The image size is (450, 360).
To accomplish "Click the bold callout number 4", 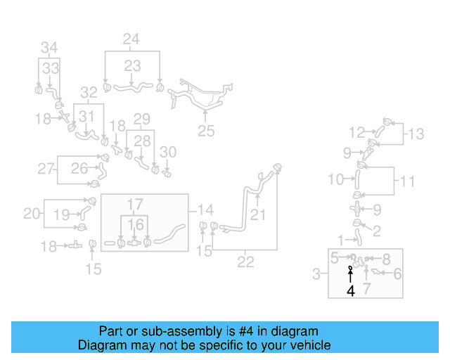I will [x=350, y=291].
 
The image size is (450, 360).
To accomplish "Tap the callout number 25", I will [x=205, y=130].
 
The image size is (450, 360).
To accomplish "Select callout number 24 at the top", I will [x=131, y=39].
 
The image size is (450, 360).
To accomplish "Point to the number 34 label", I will [x=49, y=48].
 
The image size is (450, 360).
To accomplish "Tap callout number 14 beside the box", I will [x=205, y=209].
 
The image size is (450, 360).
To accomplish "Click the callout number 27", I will [x=46, y=169].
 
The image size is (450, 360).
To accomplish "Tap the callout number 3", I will [x=317, y=272].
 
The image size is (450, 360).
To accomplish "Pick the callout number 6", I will [x=397, y=274].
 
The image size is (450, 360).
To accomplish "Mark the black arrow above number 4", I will [x=350, y=275].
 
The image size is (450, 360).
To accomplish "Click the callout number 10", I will [x=336, y=180].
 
